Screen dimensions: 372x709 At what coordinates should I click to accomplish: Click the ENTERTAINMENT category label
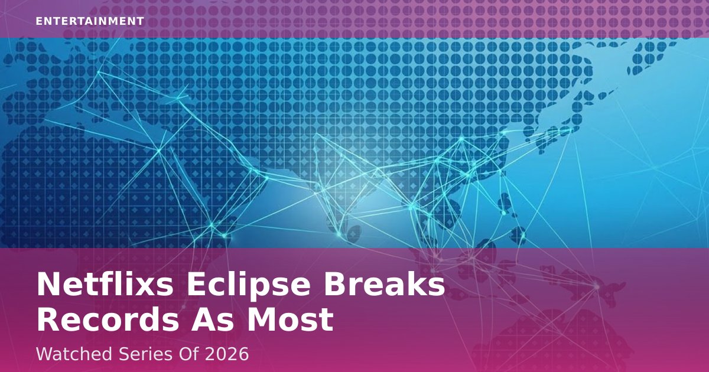click(90, 21)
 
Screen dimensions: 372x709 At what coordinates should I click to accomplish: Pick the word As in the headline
click(213, 320)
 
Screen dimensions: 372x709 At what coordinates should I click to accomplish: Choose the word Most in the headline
click(290, 320)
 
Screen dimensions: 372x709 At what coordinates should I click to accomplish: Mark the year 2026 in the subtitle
click(227, 354)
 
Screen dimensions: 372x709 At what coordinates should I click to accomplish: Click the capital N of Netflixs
click(50, 286)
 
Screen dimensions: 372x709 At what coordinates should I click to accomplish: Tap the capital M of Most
click(261, 320)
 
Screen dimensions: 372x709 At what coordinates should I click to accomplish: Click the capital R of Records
click(48, 320)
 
